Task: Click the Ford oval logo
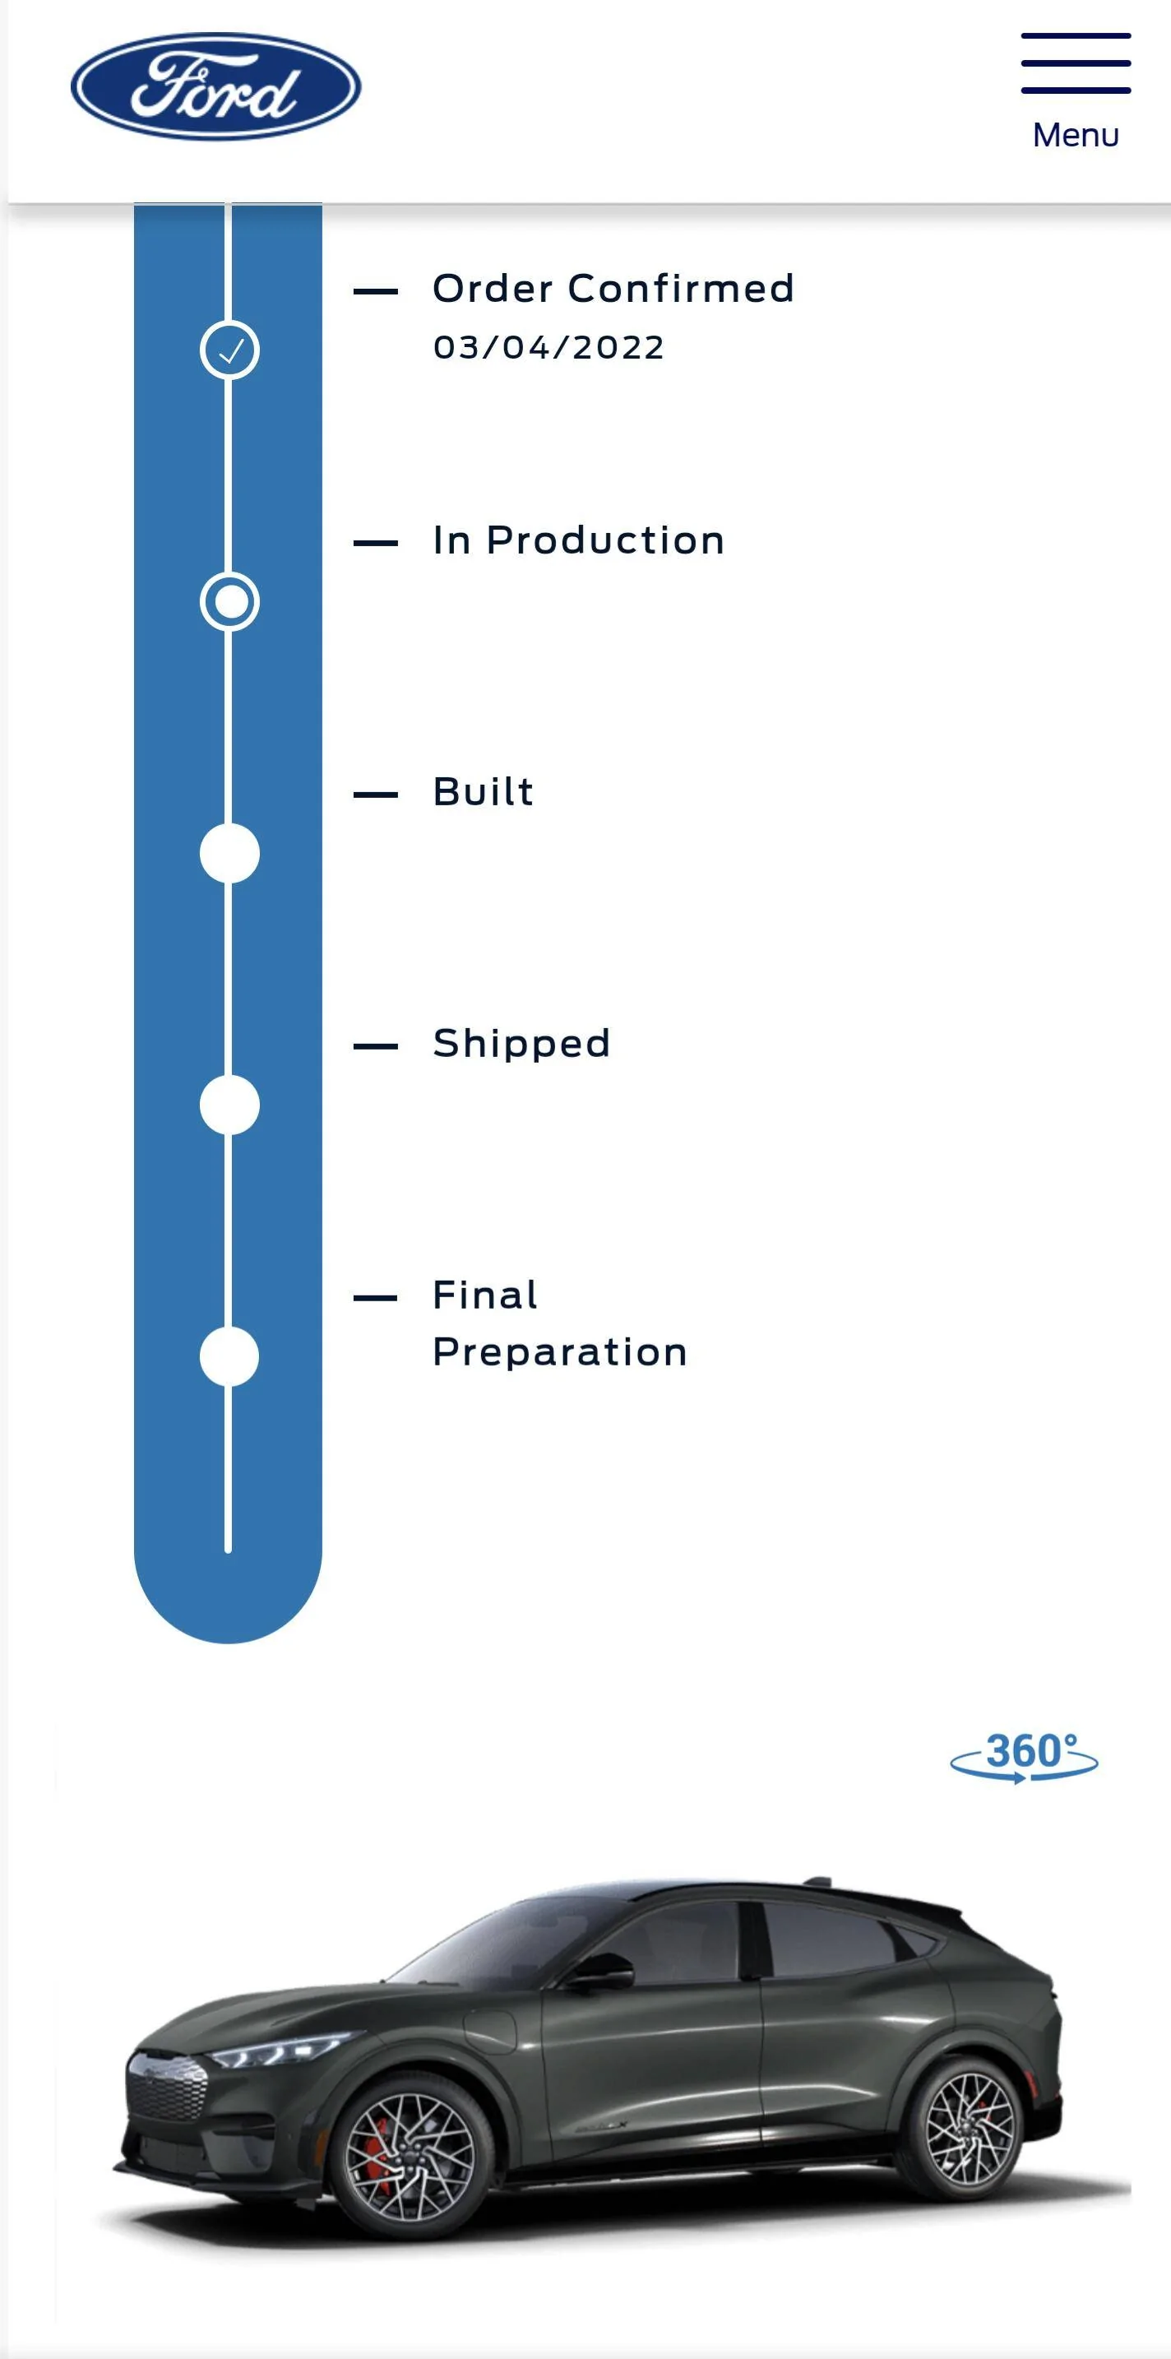216,87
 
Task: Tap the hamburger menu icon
1076,63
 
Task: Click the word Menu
1076,135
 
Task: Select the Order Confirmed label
613,289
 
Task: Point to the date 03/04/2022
548,348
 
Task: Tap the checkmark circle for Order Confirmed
229,350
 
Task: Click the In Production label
579,540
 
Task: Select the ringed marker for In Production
229,601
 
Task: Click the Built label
484,792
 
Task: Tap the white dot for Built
229,854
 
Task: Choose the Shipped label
522,1044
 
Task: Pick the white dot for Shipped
229,1105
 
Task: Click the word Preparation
560,1352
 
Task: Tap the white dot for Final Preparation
229,1356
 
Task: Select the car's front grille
167,2088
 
